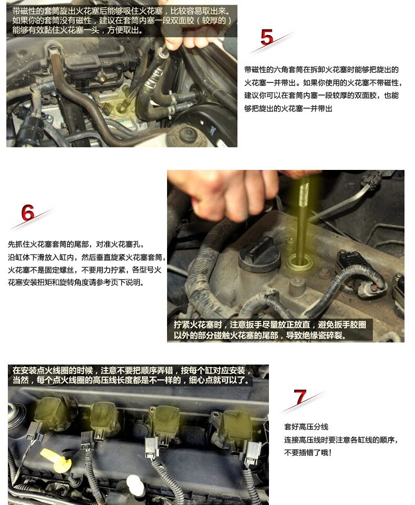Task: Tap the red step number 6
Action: pos(28,213)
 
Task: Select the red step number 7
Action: pos(300,397)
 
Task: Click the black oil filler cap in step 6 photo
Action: pos(260,255)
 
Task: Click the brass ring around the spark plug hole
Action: pos(300,262)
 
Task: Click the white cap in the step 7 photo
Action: pos(136,486)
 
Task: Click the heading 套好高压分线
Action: pos(306,427)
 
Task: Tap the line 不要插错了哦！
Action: pos(308,452)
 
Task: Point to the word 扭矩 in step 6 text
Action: pos(44,282)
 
